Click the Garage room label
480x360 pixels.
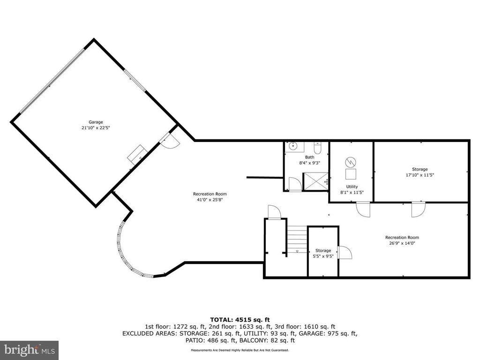[96, 122]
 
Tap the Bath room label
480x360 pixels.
[309, 157]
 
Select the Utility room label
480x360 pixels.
[352, 187]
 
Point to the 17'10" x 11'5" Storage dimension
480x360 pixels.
[420, 175]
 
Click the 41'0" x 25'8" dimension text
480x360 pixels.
[210, 200]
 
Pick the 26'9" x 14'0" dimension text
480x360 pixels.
[402, 243]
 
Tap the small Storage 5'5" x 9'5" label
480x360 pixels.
[323, 254]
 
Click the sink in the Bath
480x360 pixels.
[293, 146]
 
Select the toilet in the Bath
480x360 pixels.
[317, 148]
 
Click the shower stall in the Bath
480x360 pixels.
[315, 181]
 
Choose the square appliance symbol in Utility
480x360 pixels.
[351, 174]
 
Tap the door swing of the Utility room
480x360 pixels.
[363, 210]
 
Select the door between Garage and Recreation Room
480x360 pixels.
[169, 141]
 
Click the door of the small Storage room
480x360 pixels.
[345, 253]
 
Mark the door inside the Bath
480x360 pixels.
[295, 184]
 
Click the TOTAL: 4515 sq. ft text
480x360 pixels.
[240, 320]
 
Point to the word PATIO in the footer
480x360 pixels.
[195, 340]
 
